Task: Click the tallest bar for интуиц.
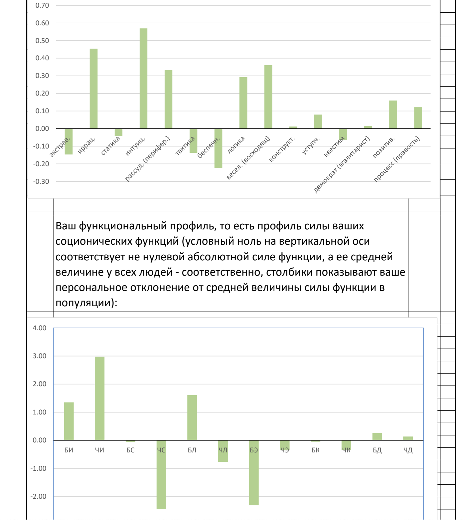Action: (x=143, y=79)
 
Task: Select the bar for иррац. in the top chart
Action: (x=93, y=89)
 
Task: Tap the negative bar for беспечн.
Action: (x=218, y=148)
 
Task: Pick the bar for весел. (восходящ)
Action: (x=268, y=97)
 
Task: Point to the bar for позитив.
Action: (x=393, y=115)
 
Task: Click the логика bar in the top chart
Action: (x=243, y=103)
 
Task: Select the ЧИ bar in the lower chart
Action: (x=99, y=398)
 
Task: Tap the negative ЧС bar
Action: (x=161, y=474)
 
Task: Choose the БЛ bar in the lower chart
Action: (x=192, y=417)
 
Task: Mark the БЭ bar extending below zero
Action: (x=254, y=473)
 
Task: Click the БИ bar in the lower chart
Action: (x=69, y=421)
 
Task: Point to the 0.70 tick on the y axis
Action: (x=42, y=5)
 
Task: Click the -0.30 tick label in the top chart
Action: (x=41, y=181)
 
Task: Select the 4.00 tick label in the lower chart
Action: (x=39, y=328)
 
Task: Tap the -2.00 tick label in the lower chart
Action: (x=38, y=496)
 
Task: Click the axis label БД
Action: (x=377, y=450)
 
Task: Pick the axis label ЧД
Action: (x=408, y=450)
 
